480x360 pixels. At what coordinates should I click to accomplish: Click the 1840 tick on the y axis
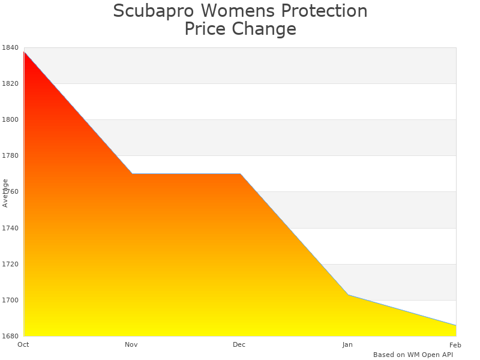[x=10, y=48]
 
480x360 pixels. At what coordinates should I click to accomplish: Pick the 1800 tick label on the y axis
[x=10, y=120]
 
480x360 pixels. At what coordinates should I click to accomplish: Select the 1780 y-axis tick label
[x=10, y=156]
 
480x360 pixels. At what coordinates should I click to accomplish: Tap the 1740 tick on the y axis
[x=10, y=228]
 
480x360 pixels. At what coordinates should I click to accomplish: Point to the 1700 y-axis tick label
[x=10, y=300]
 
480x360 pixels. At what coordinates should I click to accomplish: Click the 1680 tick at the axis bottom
[x=10, y=336]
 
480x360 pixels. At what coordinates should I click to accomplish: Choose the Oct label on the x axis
[x=23, y=344]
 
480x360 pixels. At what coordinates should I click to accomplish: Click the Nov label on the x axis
[x=131, y=344]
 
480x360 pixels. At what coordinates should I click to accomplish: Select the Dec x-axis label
[x=239, y=344]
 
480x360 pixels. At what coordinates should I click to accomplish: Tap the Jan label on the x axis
[x=347, y=344]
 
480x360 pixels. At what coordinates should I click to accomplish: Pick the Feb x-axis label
[x=455, y=344]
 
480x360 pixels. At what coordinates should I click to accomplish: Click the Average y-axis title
[x=5, y=193]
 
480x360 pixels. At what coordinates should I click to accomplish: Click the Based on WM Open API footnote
[x=413, y=355]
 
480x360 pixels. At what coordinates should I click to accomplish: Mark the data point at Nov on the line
[x=132, y=174]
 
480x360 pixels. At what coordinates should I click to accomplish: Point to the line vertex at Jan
[x=348, y=295]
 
